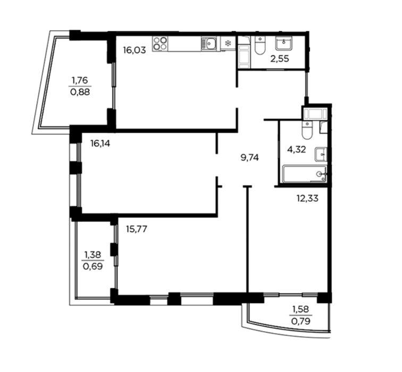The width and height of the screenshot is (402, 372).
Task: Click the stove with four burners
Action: (x=160, y=44)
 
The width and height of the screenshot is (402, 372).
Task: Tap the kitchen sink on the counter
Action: (x=209, y=44)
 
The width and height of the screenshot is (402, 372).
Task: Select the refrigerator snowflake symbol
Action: (x=228, y=43)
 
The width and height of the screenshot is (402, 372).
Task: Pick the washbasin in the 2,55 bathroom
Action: (x=283, y=43)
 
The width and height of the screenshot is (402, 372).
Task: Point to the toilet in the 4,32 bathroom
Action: (x=307, y=130)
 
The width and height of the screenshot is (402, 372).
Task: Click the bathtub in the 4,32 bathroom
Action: (x=305, y=174)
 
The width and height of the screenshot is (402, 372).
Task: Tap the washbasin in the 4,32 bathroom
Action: (x=321, y=154)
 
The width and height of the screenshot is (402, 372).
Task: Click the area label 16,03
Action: (x=135, y=50)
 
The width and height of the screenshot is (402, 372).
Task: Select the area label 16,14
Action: (x=100, y=143)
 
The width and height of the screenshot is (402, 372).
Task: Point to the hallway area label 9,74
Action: (x=250, y=157)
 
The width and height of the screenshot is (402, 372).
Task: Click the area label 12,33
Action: (x=307, y=198)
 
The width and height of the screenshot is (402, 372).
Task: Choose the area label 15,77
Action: (x=137, y=229)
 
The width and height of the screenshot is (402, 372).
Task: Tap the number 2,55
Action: (x=280, y=58)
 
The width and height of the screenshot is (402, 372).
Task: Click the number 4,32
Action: (x=297, y=149)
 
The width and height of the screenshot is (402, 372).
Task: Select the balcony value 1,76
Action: (x=80, y=80)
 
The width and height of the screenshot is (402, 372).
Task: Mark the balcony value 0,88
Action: (x=80, y=92)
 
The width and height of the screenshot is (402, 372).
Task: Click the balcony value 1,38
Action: (x=93, y=255)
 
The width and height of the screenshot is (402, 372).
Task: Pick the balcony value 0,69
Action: (x=93, y=266)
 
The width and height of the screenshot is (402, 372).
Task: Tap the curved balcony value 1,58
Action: (x=301, y=309)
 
